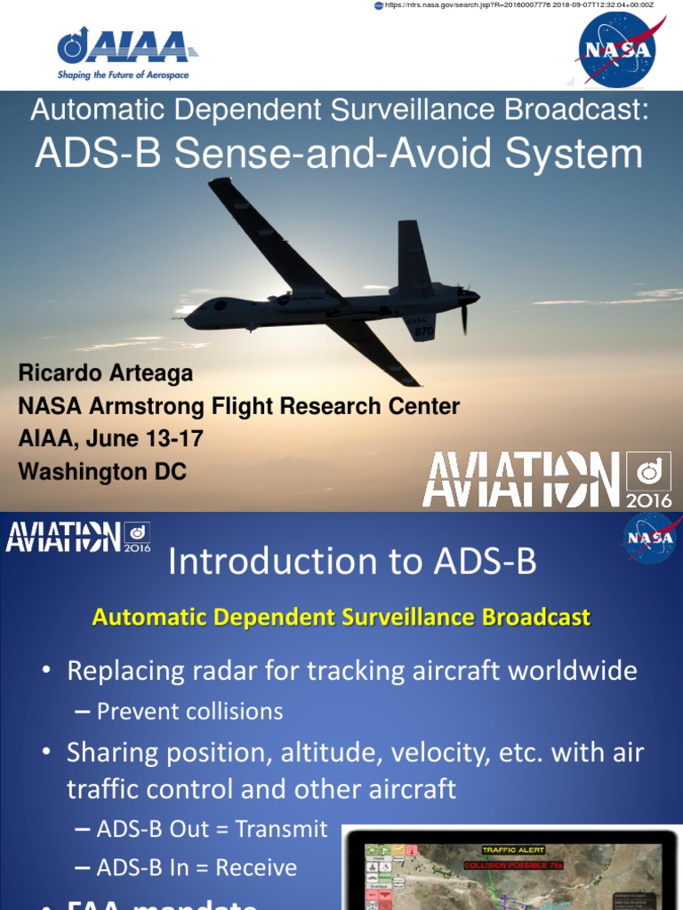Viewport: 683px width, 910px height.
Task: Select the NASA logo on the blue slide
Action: pyautogui.click(x=650, y=539)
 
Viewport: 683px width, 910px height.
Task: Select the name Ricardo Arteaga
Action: pyautogui.click(x=106, y=373)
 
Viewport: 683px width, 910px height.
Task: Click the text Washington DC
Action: pyautogui.click(x=102, y=472)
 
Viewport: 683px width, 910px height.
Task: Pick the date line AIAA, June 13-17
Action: pyautogui.click(x=110, y=439)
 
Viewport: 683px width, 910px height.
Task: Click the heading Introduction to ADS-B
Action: pyautogui.click(x=352, y=562)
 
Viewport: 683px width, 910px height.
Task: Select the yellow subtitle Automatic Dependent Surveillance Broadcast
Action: pyautogui.click(x=341, y=617)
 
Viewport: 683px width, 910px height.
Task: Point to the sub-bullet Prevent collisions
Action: pyautogui.click(x=189, y=711)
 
